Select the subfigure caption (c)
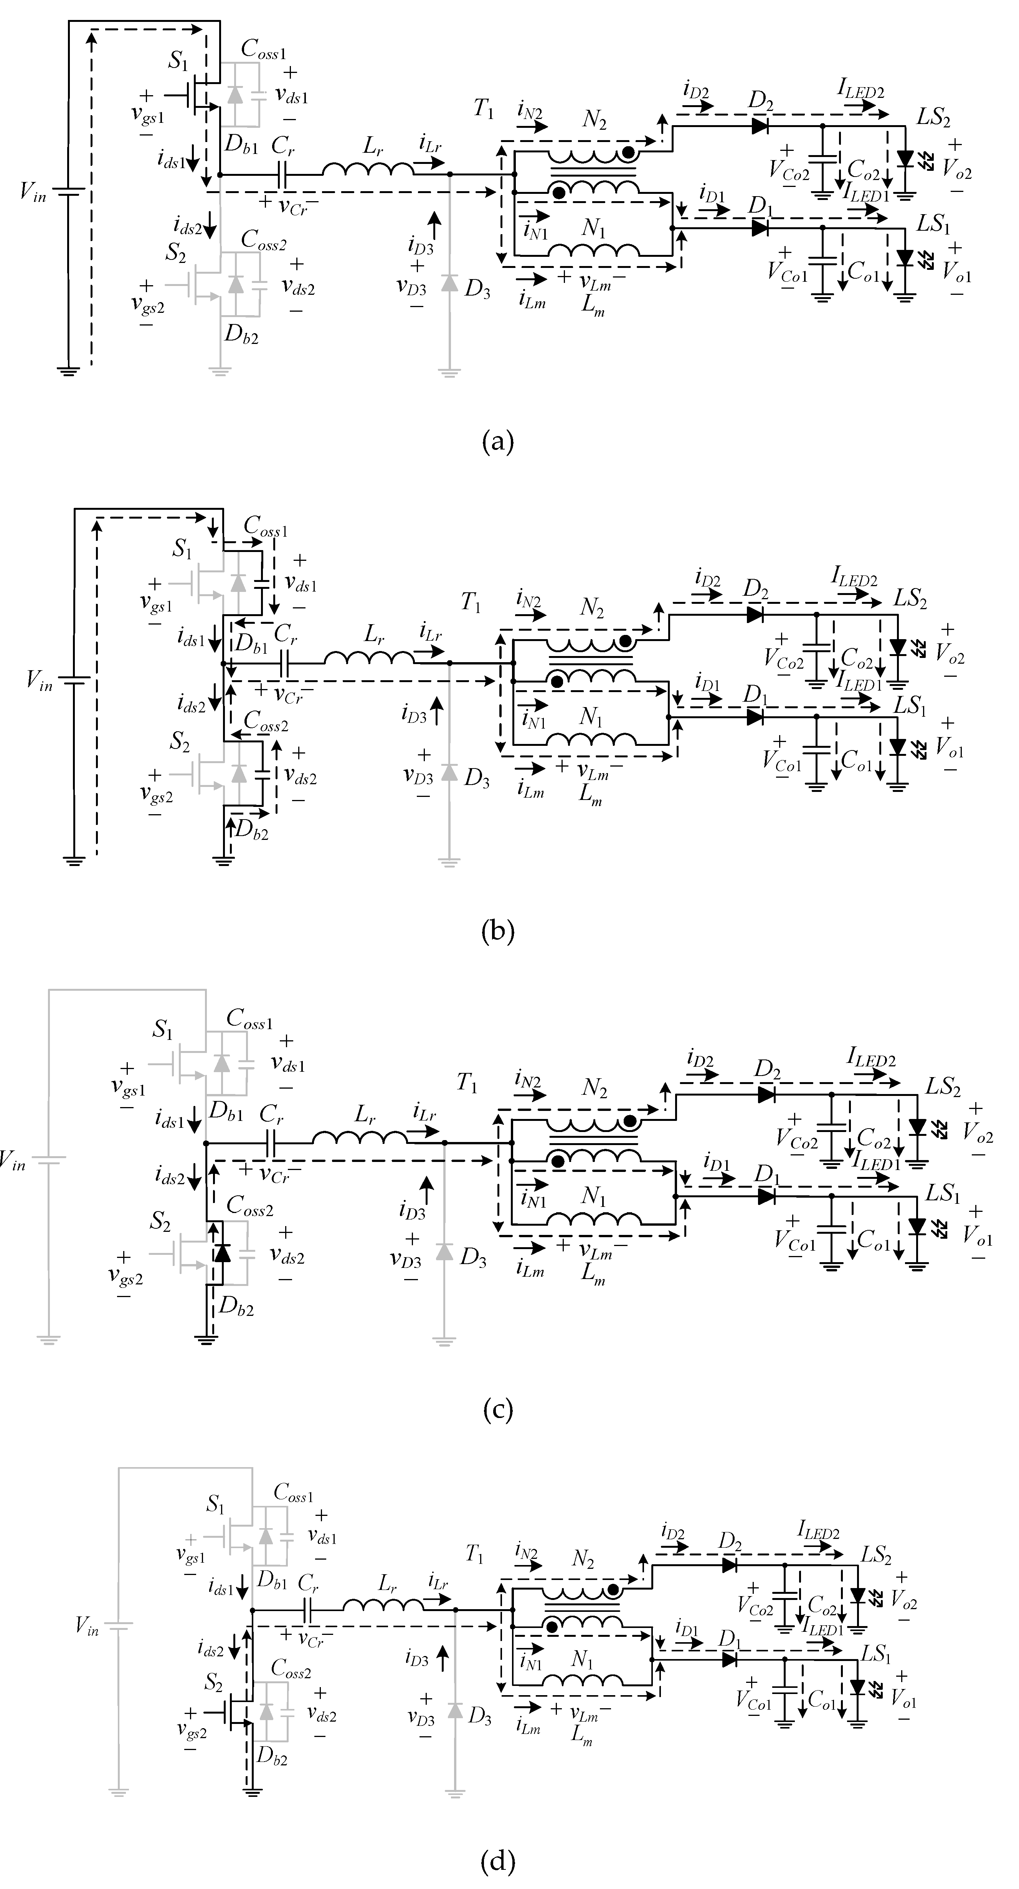click(x=499, y=1409)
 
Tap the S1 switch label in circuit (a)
click(x=178, y=61)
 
